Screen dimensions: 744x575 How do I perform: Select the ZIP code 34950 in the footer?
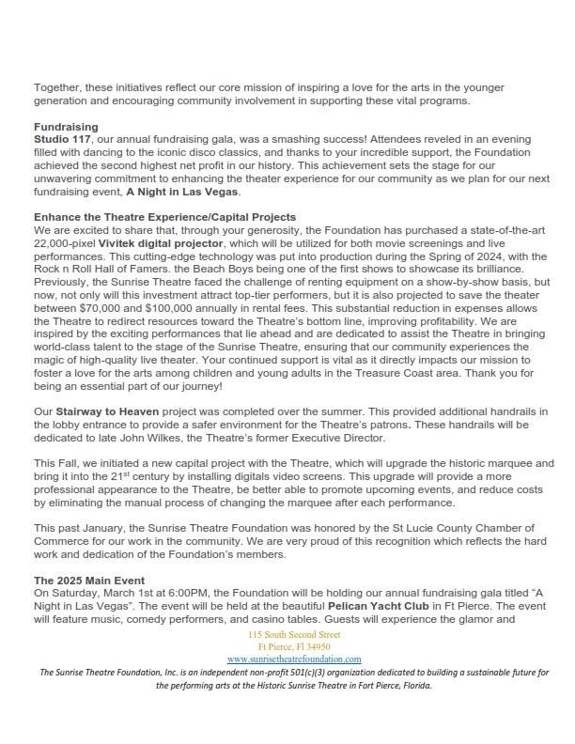pos(313,647)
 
